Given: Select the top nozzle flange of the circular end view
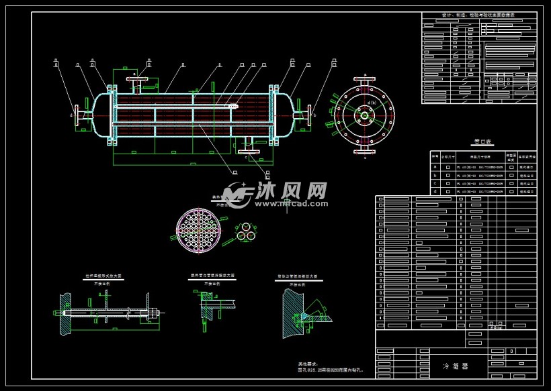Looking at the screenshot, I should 365,82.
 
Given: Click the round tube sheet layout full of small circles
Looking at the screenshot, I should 199,231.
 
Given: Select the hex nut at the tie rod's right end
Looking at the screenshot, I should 157,313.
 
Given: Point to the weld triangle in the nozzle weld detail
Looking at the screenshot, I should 304,315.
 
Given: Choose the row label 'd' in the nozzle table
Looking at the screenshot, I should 435,190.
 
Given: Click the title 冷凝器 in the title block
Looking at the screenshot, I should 455,366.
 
